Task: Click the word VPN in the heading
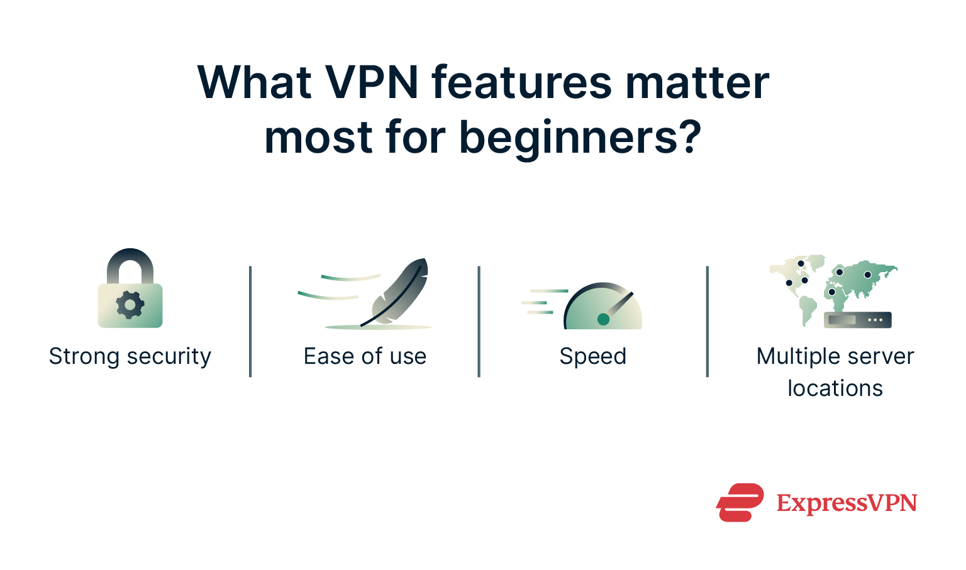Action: pyautogui.click(x=370, y=83)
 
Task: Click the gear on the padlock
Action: pyautogui.click(x=130, y=305)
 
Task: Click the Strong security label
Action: pyautogui.click(x=130, y=356)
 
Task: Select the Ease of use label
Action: pyautogui.click(x=365, y=356)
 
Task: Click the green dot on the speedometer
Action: pyautogui.click(x=603, y=319)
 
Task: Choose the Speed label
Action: pyautogui.click(x=592, y=356)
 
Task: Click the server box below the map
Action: pyautogui.click(x=857, y=320)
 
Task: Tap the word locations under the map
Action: pyautogui.click(x=835, y=388)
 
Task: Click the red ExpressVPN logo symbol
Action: pyautogui.click(x=740, y=502)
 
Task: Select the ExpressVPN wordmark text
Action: pyautogui.click(x=847, y=503)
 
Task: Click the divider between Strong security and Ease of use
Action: pyautogui.click(x=250, y=321)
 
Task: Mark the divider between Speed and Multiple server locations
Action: pyautogui.click(x=708, y=321)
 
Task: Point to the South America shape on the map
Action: pyautogui.click(x=807, y=309)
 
